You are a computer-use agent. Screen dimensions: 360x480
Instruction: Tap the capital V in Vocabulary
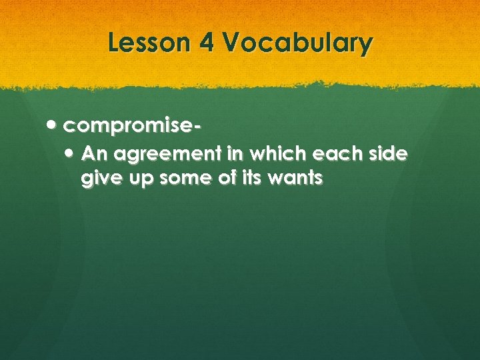233,43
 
